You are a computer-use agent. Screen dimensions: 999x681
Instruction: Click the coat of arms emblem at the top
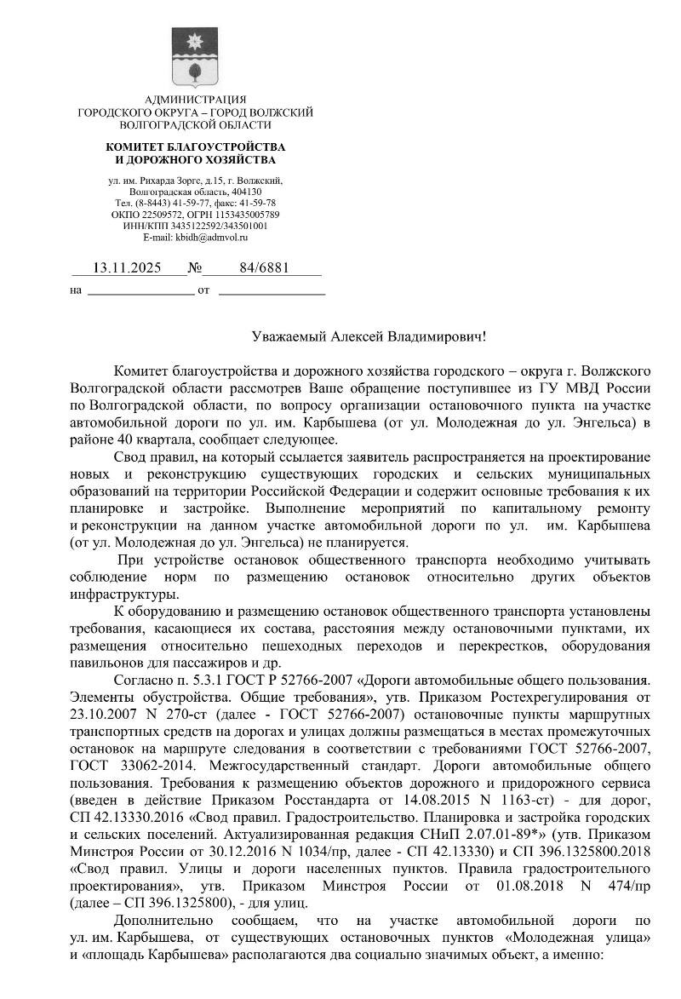point(195,56)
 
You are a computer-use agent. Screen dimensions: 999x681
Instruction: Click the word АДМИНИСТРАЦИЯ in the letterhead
point(195,100)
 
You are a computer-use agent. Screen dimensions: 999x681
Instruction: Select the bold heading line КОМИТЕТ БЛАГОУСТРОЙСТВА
point(195,147)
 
